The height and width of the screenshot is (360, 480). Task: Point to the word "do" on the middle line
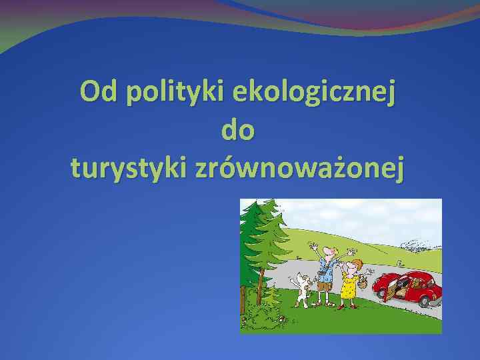pos(239,130)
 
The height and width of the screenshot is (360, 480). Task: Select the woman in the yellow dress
pos(349,284)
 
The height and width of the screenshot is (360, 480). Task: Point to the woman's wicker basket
pos(363,284)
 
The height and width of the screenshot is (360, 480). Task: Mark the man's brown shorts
pos(325,286)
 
